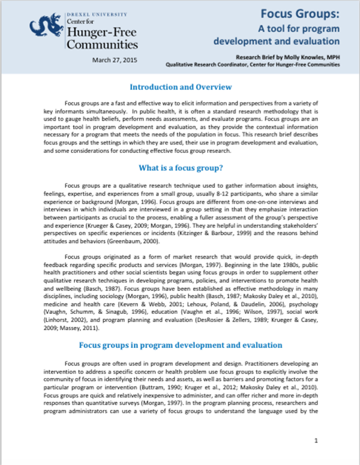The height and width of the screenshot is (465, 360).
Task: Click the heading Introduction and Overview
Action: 181,88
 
